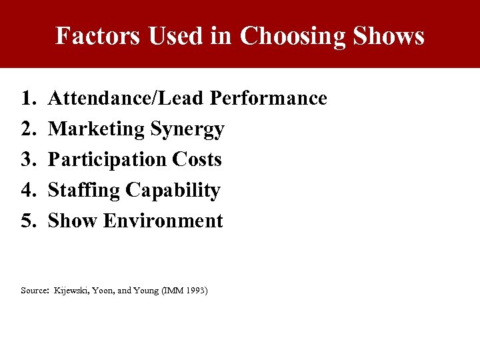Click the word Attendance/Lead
[127, 99]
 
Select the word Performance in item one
[269, 99]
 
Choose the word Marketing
[97, 129]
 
